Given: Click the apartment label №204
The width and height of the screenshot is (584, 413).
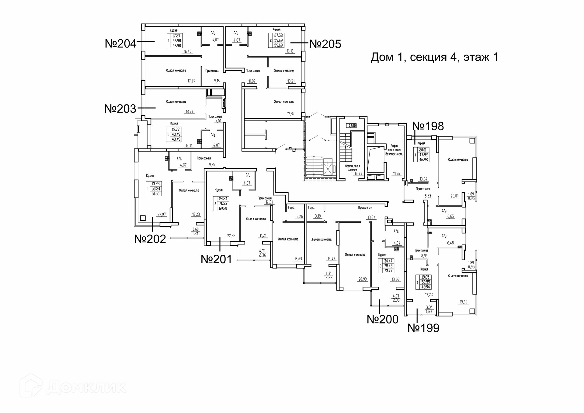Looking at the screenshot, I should (121, 44).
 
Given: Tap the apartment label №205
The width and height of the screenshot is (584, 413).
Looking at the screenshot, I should (325, 44).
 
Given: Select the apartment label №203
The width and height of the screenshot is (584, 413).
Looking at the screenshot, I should (120, 109).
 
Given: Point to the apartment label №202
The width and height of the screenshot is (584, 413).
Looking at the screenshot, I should (150, 239).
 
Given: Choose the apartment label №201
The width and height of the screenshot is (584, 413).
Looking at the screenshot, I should (216, 259).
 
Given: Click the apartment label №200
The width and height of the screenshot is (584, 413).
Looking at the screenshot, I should (383, 319).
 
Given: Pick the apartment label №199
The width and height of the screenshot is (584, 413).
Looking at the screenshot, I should (423, 328).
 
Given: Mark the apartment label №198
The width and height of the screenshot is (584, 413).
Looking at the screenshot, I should (428, 126).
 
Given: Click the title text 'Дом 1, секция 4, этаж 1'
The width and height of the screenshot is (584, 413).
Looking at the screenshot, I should (434, 57).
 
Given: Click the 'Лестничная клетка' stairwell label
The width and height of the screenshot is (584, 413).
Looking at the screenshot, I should (352, 168).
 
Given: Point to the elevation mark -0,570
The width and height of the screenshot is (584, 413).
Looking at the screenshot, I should (351, 125).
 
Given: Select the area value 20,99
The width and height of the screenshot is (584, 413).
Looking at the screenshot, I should (363, 279).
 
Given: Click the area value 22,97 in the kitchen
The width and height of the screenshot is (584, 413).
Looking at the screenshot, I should (162, 215).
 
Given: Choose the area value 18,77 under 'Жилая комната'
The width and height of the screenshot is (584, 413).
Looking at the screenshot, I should (189, 112).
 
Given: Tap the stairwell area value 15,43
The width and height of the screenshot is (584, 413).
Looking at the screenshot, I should (358, 174).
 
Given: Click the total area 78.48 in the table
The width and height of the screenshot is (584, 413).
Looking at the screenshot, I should (388, 266).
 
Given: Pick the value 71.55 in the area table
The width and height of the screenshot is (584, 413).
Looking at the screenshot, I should (223, 204).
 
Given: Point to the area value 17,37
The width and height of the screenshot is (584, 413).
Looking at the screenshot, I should (290, 114).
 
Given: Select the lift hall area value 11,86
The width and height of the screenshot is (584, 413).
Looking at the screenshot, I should (396, 173).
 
